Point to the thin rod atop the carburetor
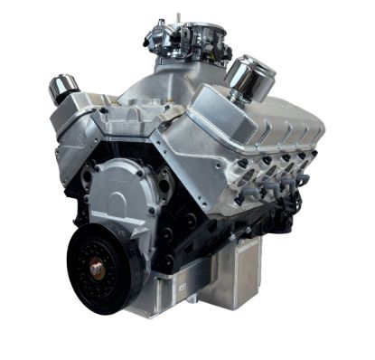pyautogui.click(x=177, y=15)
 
